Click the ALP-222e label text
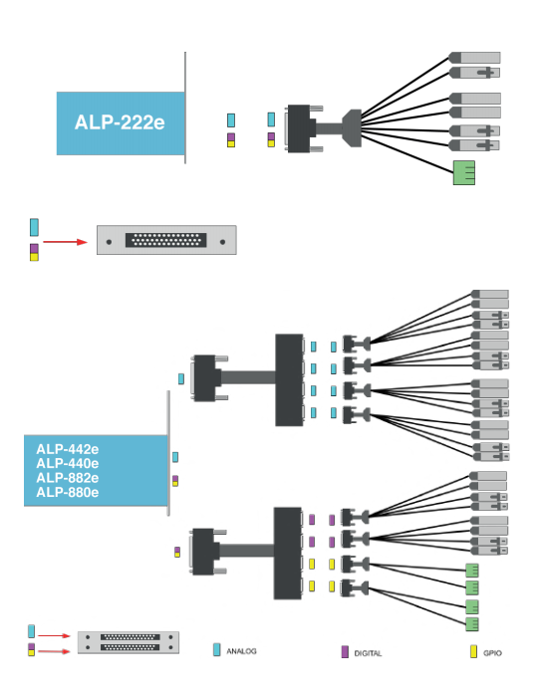(120, 122)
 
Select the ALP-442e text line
(67, 449)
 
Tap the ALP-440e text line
(67, 463)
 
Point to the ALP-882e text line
(67, 478)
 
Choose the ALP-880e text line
(67, 492)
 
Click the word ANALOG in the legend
(241, 651)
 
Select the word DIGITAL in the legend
(368, 653)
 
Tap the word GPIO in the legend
(492, 653)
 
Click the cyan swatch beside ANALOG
(217, 650)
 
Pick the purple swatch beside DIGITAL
(345, 652)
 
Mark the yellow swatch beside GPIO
(474, 652)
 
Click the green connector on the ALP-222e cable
(464, 172)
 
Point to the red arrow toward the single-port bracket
(65, 242)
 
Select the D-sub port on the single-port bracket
(165, 240)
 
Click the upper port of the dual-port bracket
(130, 637)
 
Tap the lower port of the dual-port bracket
(130, 647)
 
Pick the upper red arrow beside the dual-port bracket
(54, 635)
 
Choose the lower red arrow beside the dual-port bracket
(54, 652)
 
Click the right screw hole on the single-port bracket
(222, 242)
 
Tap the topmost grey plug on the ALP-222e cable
(474, 58)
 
